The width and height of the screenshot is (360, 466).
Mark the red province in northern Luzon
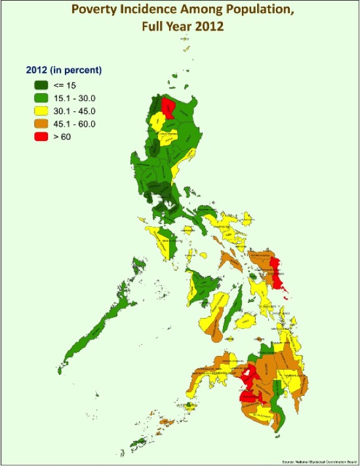(x=169, y=108)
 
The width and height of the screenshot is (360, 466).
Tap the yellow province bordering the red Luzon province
(x=157, y=121)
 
